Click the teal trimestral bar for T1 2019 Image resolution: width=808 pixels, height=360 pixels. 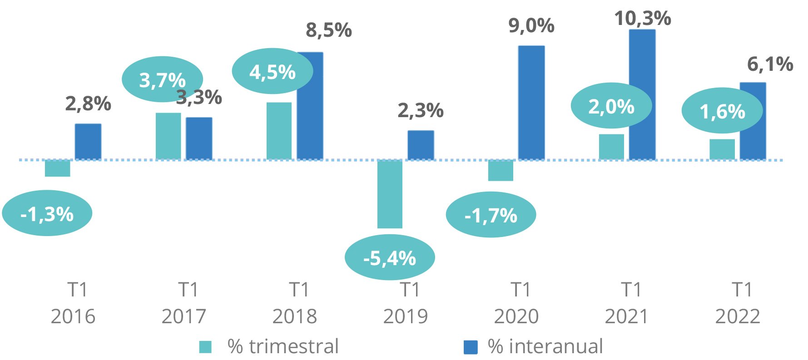tap(390, 194)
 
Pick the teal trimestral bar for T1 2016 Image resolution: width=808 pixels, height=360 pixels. tap(58, 168)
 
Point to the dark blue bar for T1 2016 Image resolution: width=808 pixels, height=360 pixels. tap(88, 142)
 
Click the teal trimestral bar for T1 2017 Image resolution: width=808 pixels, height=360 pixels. tap(168, 136)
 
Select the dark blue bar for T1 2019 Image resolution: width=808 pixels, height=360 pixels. tap(421, 145)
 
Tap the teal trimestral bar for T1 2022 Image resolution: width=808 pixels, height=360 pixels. tap(722, 149)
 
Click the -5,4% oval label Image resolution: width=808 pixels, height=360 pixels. tap(390, 258)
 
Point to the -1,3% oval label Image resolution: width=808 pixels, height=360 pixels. tap(47, 213)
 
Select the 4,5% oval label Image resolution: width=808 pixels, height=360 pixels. tap(272, 72)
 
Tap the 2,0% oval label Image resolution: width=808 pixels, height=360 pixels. tap(611, 107)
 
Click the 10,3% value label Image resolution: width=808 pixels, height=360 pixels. tap(643, 19)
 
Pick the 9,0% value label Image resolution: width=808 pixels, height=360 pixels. tap(531, 26)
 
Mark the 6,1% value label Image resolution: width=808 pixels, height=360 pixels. tap(770, 64)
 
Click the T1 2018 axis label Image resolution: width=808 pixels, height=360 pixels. tap(295, 303)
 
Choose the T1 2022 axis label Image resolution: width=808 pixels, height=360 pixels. tap(738, 303)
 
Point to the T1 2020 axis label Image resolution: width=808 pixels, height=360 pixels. tap(516, 303)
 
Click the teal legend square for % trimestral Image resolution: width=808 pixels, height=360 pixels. tap(205, 347)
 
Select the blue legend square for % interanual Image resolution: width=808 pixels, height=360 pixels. tap(471, 347)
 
